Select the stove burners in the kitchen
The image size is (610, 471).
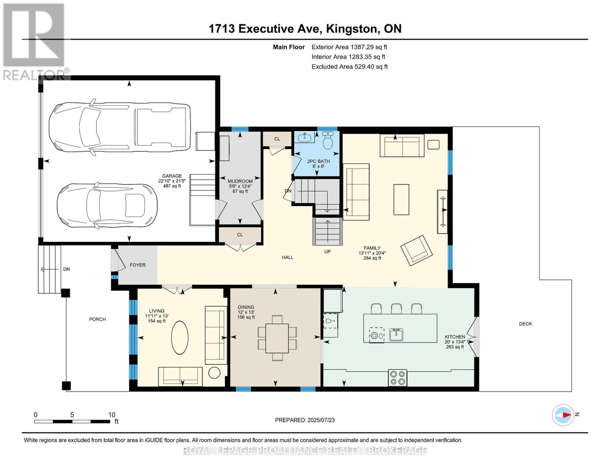point(398,378)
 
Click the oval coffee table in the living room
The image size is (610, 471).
point(180,338)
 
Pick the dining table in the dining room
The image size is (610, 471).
point(277,338)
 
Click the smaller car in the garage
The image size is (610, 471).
point(107,206)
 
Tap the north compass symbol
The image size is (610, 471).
point(562,415)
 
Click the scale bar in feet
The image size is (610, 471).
point(72,421)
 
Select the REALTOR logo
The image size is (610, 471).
point(34,42)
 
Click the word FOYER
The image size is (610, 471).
point(137,265)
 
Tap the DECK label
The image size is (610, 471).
point(525,324)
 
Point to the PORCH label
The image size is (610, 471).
point(97,319)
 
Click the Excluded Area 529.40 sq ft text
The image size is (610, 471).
point(350,67)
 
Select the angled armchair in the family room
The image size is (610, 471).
point(417,250)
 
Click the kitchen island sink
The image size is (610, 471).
point(396,335)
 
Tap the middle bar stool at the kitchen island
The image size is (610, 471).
point(396,309)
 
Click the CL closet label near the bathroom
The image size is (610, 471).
point(277,139)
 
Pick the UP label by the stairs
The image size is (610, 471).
point(327,252)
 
